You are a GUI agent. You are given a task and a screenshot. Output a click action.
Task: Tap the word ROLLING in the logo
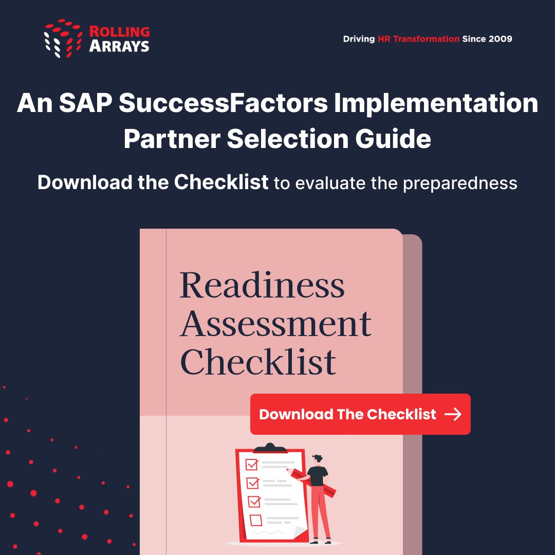pos(119,32)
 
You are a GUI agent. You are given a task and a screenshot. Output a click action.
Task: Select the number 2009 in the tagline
pos(499,39)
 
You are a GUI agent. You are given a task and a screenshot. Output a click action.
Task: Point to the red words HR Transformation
pos(418,39)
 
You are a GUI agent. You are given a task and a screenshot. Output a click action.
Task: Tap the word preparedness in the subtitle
pos(460,183)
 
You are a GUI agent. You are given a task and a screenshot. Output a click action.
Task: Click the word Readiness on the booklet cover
pos(262,285)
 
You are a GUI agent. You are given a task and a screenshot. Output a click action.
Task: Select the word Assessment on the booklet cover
pos(275,324)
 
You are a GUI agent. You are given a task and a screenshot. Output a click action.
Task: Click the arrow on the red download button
pos(453,415)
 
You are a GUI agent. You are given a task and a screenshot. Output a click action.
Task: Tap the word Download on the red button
pos(296,415)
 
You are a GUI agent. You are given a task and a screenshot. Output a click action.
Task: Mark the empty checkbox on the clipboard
pos(255,520)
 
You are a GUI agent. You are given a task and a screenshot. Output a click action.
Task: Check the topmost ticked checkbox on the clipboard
pos(252,465)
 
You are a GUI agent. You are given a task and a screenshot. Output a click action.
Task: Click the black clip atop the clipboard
pos(270,448)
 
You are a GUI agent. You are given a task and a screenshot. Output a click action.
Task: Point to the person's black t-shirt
pos(318,476)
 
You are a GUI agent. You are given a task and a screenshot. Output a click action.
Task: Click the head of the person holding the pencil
pos(318,458)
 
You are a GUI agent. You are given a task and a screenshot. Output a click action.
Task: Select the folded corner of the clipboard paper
pos(302,533)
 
